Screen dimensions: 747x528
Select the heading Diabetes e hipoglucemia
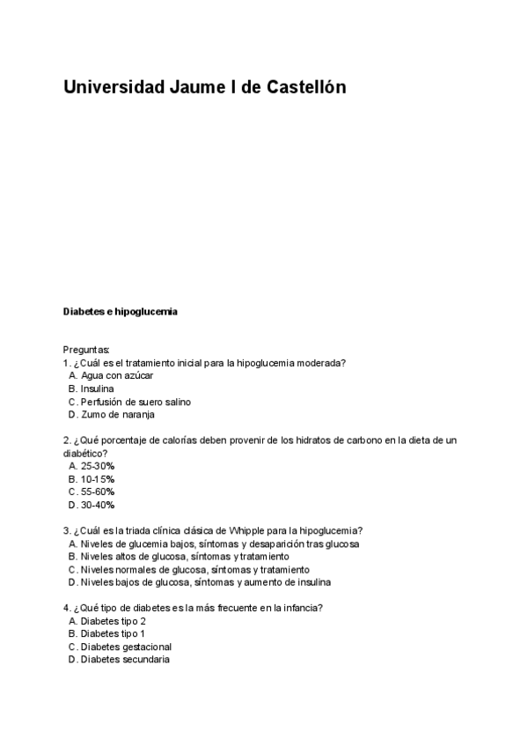[x=121, y=311]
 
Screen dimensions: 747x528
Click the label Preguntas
[x=86, y=350]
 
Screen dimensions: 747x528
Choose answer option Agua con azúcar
[x=116, y=375]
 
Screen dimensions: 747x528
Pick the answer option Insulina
[x=97, y=388]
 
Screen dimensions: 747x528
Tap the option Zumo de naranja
[x=117, y=415]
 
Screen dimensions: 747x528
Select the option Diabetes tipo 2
[x=113, y=621]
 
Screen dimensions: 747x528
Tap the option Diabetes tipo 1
[x=113, y=633]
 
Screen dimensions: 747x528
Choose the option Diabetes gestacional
[x=126, y=647]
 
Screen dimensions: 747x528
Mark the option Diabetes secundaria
[x=124, y=660]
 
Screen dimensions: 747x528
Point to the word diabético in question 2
[x=82, y=453]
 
